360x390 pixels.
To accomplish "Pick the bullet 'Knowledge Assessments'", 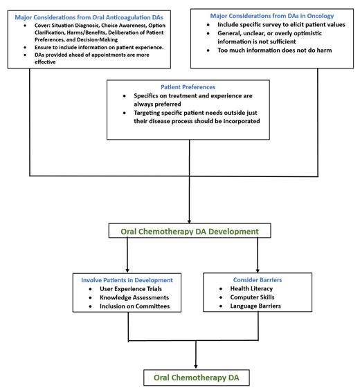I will pyautogui.click(x=134, y=298).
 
